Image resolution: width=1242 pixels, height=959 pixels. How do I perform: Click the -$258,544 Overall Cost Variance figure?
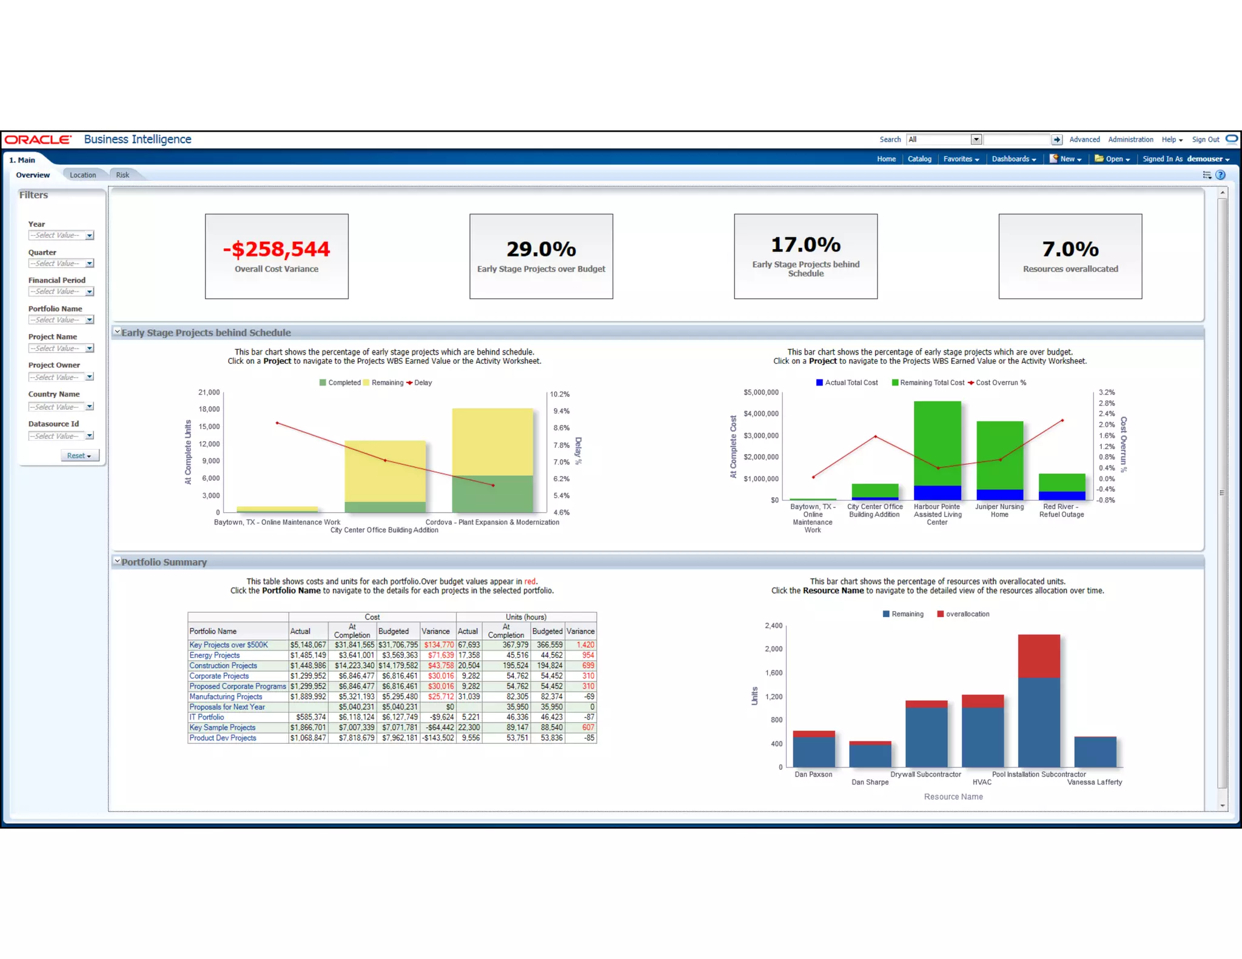(277, 249)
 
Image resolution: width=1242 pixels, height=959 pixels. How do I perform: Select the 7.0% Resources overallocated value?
(1070, 249)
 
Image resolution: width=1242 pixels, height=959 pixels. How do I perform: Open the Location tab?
(82, 175)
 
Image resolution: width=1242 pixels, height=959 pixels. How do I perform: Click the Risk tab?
(123, 175)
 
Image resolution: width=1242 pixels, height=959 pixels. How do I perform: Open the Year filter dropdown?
(89, 235)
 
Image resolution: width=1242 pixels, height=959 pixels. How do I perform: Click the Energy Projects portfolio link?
(214, 655)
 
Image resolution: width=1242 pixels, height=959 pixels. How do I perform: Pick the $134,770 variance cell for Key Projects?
(438, 645)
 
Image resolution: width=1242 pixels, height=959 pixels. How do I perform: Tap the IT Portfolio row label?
(206, 717)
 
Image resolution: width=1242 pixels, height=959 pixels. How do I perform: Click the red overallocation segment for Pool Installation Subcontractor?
(1039, 656)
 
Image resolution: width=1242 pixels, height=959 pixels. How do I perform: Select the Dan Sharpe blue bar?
(870, 756)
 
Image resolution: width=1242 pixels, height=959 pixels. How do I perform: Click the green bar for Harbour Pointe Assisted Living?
(937, 443)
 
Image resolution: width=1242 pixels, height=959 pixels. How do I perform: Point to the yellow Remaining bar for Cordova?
(492, 441)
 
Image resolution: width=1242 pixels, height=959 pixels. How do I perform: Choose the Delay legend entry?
(422, 383)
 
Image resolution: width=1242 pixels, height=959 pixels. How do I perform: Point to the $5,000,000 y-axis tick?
(760, 392)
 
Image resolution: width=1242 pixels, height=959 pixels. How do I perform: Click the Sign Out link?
(1205, 139)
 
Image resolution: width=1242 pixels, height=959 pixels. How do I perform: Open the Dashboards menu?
(1013, 159)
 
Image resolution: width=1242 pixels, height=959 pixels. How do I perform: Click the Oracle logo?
(38, 139)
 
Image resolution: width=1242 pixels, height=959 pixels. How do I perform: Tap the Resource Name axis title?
(953, 797)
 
